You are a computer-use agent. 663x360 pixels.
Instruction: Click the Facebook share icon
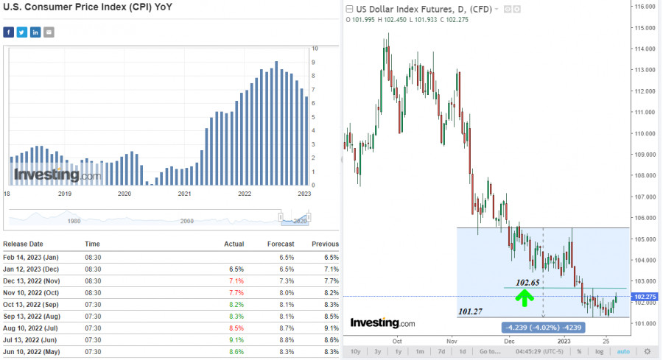pos(9,32)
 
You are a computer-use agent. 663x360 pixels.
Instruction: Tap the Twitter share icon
pos(22,32)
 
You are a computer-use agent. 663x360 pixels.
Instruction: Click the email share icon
pos(49,32)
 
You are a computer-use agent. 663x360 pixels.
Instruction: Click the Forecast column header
pos(281,244)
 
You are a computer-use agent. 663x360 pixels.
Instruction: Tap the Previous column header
pos(325,244)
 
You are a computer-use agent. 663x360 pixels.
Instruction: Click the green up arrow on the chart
pos(524,298)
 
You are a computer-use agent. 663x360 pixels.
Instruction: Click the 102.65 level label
pos(528,282)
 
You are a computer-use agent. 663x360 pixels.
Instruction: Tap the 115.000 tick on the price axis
pos(645,28)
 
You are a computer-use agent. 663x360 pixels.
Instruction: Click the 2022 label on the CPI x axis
pos(245,194)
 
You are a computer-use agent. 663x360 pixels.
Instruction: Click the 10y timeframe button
pos(356,351)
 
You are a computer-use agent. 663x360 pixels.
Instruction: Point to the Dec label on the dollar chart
pos(510,342)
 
